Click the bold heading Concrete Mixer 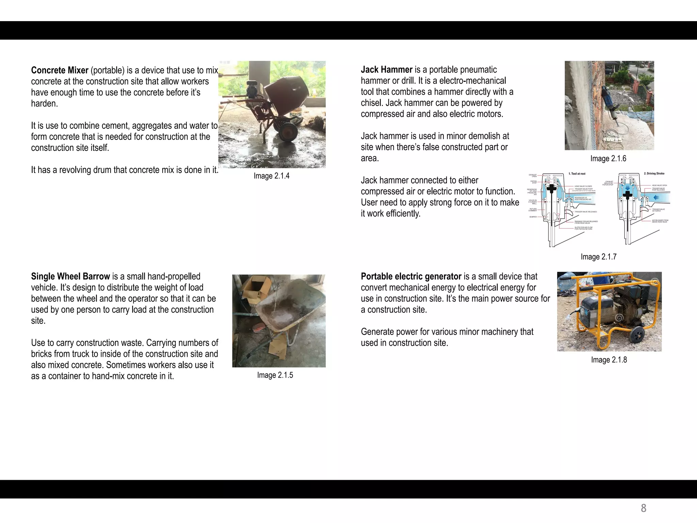(60, 70)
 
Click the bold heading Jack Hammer (386, 69)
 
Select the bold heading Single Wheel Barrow (70, 276)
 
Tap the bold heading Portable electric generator (411, 276)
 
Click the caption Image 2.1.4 (271, 176)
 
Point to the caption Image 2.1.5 (275, 375)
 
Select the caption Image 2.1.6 (608, 158)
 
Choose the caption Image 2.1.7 (598, 257)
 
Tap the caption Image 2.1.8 (609, 360)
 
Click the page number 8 (643, 508)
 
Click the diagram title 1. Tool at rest (577, 174)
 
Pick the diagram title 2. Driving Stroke (654, 173)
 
